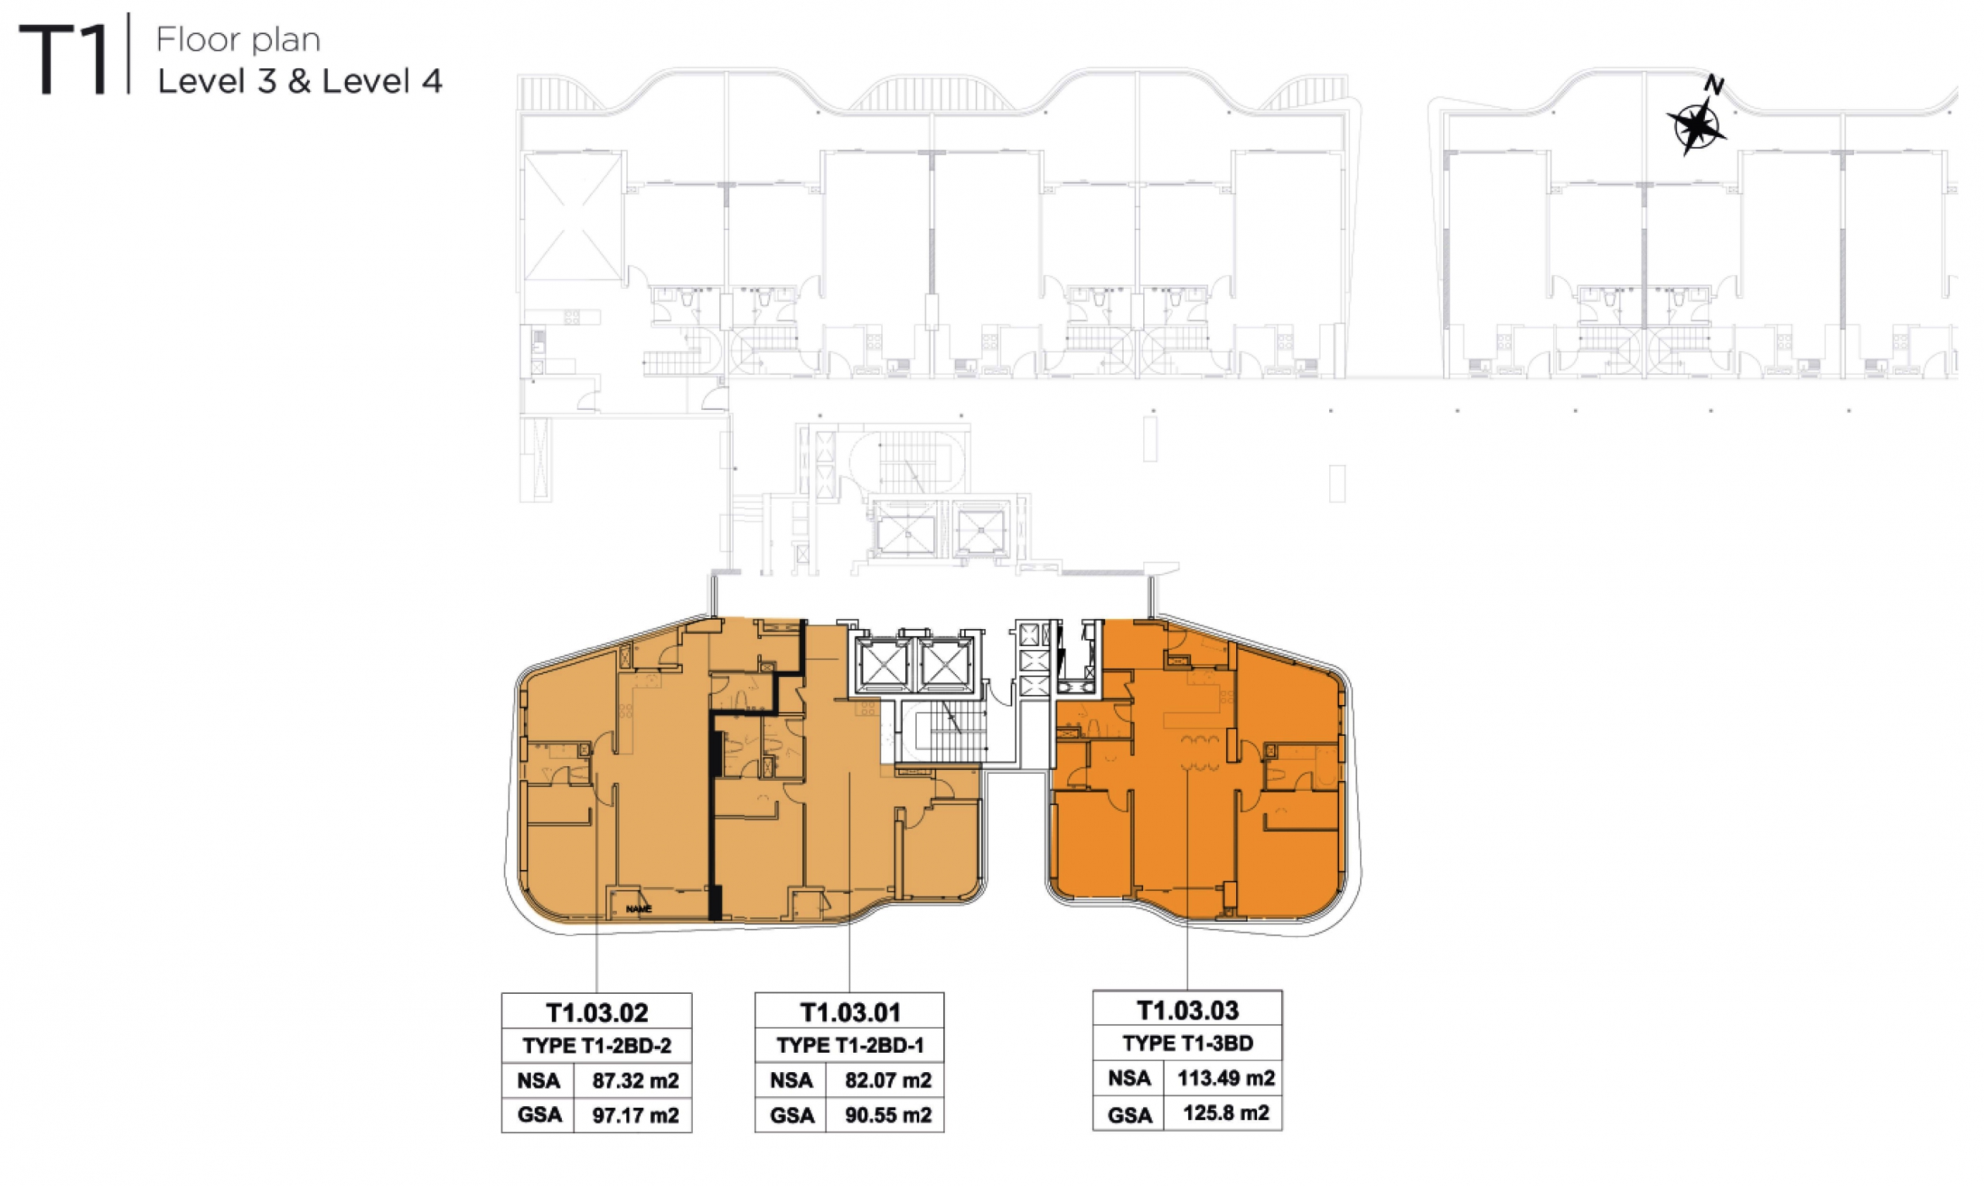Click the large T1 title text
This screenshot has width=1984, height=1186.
[64, 59]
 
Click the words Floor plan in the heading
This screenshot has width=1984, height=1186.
[238, 40]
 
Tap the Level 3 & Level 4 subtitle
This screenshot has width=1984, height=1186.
[300, 81]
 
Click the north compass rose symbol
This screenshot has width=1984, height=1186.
[1696, 126]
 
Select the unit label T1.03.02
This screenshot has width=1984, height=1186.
[597, 1012]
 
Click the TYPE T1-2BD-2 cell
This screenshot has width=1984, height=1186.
[597, 1045]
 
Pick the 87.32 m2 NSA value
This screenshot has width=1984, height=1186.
[635, 1081]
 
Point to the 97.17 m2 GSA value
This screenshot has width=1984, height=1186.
[635, 1116]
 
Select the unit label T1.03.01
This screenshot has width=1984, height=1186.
[850, 1012]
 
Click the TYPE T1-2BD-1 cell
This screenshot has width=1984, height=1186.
[849, 1045]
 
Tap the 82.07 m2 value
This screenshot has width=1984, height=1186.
[889, 1081]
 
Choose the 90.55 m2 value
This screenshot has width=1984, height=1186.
[889, 1116]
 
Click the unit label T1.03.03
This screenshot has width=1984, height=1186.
[1188, 1010]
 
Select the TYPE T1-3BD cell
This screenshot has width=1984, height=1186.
[1188, 1043]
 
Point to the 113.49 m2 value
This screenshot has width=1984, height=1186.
[1226, 1079]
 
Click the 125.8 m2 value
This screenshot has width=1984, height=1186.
[1226, 1113]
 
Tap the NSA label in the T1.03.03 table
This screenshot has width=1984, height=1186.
[1129, 1079]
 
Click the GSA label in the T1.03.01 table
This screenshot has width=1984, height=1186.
[792, 1116]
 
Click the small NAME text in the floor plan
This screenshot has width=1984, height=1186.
[639, 909]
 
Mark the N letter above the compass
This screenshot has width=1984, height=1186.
[1714, 84]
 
